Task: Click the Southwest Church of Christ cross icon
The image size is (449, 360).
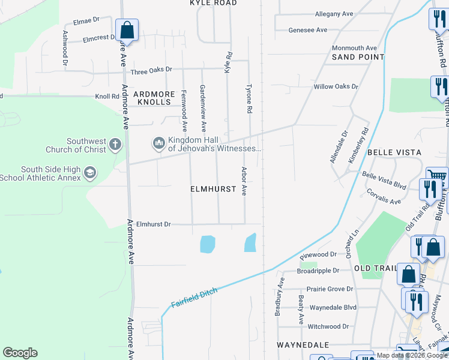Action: pyautogui.click(x=115, y=145)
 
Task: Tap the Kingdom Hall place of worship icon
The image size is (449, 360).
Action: pyautogui.click(x=158, y=143)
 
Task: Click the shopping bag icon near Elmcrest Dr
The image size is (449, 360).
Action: pyautogui.click(x=127, y=29)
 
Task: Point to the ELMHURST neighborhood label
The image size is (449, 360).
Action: pyautogui.click(x=213, y=188)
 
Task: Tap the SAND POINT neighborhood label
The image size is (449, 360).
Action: pyautogui.click(x=358, y=57)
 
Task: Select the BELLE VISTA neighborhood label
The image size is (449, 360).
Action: pyautogui.click(x=394, y=153)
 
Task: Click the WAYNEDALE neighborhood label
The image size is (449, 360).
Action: pyautogui.click(x=303, y=345)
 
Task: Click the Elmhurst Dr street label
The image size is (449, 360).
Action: pyautogui.click(x=154, y=224)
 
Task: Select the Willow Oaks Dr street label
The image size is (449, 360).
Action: pyautogui.click(x=336, y=86)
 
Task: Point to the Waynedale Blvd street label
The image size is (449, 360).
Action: pyautogui.click(x=333, y=308)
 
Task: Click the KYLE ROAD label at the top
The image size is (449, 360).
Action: pyautogui.click(x=213, y=3)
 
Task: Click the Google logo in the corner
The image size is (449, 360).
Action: pyautogui.click(x=20, y=353)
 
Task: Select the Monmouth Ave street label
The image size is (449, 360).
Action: pyautogui.click(x=354, y=48)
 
